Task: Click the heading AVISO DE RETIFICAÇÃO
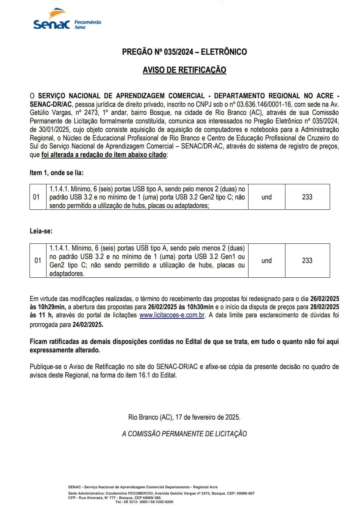point(184,70)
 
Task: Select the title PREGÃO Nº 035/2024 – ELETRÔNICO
point(184,52)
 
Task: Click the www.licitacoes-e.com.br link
point(172,315)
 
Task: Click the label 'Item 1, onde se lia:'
point(56,172)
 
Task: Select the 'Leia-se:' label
point(41,231)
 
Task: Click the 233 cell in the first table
point(307,197)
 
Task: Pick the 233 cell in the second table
point(307,261)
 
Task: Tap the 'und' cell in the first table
point(266,197)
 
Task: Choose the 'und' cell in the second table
point(266,261)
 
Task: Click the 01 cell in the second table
point(38,261)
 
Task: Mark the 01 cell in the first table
point(36,197)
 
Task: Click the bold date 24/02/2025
point(88,325)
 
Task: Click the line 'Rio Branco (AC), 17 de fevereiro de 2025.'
point(184,417)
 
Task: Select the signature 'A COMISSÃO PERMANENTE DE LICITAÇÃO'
point(184,434)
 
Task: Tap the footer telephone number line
point(144,502)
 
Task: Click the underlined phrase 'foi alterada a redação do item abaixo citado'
point(104,155)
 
